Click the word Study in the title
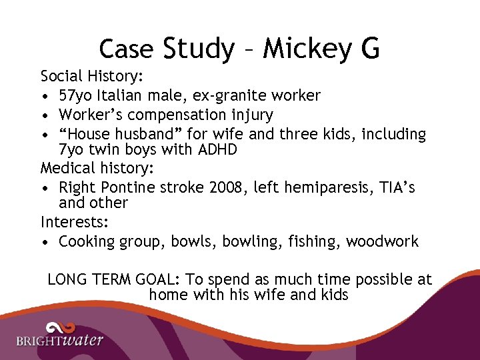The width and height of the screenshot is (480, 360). coord(199,49)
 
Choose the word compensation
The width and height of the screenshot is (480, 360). coord(178,115)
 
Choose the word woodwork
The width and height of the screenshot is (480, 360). coord(382,241)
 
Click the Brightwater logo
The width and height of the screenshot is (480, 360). coord(60,335)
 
